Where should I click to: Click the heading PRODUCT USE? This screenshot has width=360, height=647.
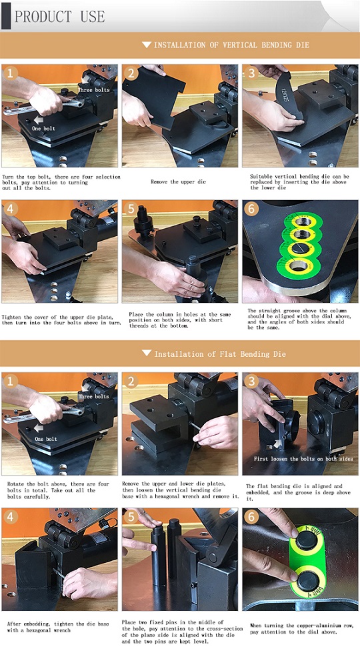[59, 16]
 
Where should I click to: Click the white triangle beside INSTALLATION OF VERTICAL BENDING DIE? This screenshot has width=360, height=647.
[147, 45]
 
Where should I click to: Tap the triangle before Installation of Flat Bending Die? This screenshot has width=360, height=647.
[147, 354]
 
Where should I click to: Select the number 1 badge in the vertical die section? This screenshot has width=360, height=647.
[10, 73]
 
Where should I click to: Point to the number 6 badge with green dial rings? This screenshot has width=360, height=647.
[251, 208]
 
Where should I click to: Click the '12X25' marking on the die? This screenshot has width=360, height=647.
[284, 96]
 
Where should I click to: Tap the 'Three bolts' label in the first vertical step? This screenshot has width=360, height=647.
[94, 90]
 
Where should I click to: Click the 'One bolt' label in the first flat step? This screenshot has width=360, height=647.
[46, 439]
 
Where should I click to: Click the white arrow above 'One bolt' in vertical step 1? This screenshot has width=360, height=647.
[39, 120]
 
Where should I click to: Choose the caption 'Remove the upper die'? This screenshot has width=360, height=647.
[178, 181]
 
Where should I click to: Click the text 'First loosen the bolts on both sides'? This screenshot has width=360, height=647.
[303, 459]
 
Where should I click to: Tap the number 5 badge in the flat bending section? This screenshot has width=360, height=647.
[131, 517]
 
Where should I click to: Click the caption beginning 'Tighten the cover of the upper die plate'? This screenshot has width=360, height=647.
[61, 319]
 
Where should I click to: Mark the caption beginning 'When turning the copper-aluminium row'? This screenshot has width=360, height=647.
[302, 628]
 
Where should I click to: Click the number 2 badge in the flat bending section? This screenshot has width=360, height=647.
[131, 381]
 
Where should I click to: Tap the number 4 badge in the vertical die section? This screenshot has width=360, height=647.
[10, 209]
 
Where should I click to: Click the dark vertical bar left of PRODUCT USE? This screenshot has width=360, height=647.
[6, 16]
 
